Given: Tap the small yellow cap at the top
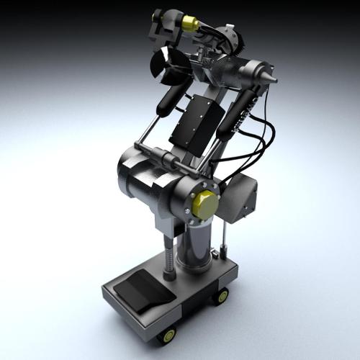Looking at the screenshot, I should click(x=191, y=24).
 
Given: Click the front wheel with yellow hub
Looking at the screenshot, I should click(x=168, y=335).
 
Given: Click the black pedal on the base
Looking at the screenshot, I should click(x=143, y=292).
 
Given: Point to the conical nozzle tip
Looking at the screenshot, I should click(x=271, y=77).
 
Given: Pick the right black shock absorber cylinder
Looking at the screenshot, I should click(x=241, y=112).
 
